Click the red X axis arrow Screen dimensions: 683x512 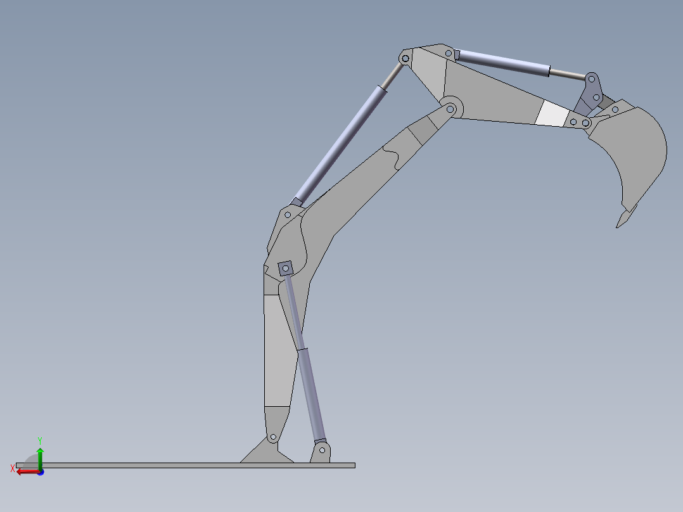28,471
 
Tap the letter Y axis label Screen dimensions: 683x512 40,441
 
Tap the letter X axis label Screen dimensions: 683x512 12,469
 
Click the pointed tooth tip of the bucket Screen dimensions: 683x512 617,227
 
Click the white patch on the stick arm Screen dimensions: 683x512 552,113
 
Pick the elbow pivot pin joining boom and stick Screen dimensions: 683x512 450,109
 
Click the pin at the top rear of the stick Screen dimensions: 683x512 405,58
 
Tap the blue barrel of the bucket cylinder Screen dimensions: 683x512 504,63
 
